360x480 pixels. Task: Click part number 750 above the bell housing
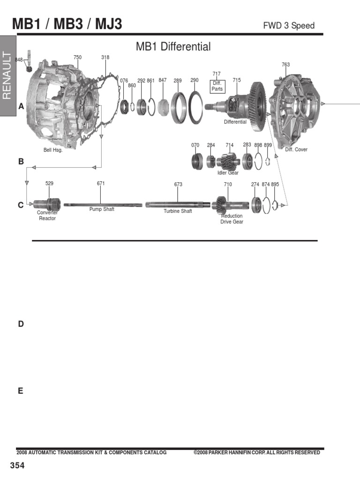[77, 57]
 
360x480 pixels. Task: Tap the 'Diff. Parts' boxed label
[217, 86]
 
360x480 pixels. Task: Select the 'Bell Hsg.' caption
[53, 150]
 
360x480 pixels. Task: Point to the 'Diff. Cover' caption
[296, 150]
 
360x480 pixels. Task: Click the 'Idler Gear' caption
[228, 173]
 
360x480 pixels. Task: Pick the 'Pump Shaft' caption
[102, 209]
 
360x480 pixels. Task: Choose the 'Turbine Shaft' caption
[178, 211]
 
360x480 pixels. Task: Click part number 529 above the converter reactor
[49, 183]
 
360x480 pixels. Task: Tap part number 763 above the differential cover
[286, 65]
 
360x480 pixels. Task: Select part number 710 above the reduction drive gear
[228, 184]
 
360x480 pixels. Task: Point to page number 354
[17, 465]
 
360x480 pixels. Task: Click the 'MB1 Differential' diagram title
[173, 47]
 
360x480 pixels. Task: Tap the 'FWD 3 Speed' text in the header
[289, 26]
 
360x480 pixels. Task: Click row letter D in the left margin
[21, 324]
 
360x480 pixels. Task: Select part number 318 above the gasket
[105, 57]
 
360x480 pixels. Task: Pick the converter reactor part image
[47, 204]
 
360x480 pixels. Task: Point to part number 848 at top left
[19, 60]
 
